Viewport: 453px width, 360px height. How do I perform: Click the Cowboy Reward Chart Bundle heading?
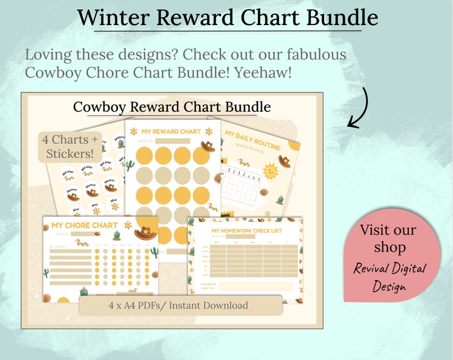point(172,107)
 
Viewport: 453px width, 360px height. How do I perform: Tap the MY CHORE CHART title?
point(84,225)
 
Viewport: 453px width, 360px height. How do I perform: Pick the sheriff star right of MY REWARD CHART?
point(206,131)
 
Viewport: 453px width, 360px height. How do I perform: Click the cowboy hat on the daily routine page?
point(284,161)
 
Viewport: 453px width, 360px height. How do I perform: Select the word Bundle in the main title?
point(342,17)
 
